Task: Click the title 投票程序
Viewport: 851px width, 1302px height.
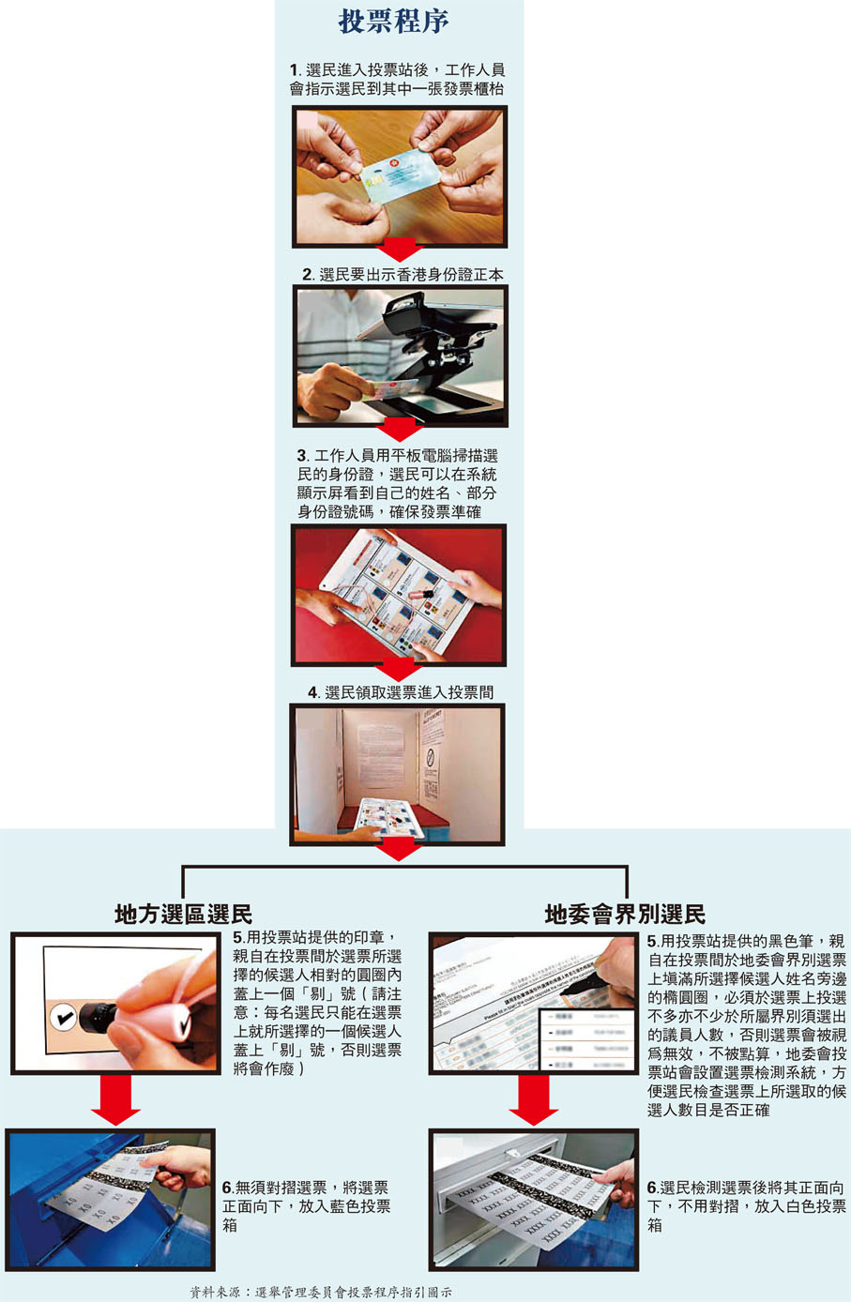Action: pos(393,23)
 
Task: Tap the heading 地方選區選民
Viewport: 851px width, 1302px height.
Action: pos(184,914)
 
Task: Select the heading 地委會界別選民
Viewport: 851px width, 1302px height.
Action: pos(625,914)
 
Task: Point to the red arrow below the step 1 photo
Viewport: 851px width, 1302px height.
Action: pos(400,250)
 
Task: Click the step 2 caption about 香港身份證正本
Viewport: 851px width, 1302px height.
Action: pos(403,275)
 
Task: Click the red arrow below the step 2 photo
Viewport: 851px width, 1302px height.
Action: pos(400,431)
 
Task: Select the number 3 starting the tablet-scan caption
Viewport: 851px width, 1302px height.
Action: pos(302,456)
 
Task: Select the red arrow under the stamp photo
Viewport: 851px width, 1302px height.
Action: pos(115,1100)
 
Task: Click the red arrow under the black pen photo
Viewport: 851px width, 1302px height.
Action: pos(534,1100)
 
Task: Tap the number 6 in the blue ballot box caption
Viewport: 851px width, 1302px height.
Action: pos(227,1188)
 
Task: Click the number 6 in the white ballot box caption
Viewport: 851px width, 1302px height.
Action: pos(652,1188)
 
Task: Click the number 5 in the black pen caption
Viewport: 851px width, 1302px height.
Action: pos(652,941)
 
